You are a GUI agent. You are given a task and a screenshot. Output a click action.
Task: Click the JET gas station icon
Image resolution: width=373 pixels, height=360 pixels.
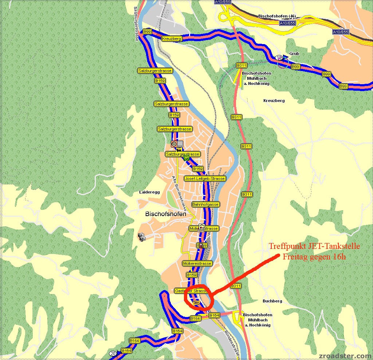point(196,302)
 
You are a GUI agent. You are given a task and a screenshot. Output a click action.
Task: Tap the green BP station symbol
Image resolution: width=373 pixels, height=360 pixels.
point(186,158)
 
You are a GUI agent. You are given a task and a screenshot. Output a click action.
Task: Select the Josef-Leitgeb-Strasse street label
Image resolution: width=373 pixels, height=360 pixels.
point(205,179)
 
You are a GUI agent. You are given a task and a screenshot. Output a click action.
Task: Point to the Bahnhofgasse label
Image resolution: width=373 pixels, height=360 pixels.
point(205,204)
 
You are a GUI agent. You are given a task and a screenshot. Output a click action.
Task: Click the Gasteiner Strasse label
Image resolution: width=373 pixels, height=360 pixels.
point(191,291)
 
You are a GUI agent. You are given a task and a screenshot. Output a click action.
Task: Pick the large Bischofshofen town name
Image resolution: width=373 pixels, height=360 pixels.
point(165,214)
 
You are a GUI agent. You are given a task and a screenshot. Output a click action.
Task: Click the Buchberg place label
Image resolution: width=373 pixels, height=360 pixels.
point(272,301)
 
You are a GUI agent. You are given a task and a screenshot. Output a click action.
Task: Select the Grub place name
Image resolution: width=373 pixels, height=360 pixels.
point(294,54)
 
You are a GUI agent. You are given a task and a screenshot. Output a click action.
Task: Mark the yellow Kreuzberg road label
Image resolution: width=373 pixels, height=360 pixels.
point(172,38)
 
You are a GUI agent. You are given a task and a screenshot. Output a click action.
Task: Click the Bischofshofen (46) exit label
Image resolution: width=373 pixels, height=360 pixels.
point(277,16)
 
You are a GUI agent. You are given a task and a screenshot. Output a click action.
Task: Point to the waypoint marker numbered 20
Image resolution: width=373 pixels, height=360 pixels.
point(113,353)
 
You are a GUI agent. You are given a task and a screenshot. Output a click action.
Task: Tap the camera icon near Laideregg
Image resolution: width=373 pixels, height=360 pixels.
point(142,237)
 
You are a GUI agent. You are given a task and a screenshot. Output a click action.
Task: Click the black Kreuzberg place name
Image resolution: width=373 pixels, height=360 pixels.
point(274,101)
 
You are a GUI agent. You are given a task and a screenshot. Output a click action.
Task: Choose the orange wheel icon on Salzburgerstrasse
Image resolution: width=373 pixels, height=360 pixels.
point(174,144)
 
